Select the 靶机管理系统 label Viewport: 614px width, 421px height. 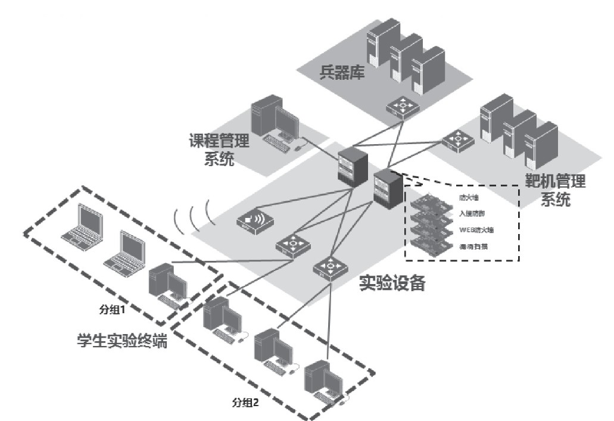click(555, 191)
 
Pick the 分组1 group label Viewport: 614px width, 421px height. click(113, 310)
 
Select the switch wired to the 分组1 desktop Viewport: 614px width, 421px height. click(293, 245)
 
